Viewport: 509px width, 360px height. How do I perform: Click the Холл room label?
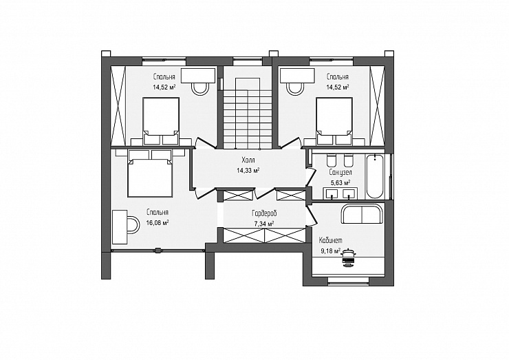pos(248,160)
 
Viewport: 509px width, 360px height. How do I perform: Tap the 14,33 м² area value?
pos(248,170)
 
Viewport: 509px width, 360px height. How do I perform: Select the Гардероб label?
pos(264,214)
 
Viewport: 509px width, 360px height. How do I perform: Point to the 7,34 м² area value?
pos(264,224)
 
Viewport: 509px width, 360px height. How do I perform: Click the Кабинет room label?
pos(330,241)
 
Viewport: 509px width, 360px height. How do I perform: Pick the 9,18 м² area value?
pos(330,251)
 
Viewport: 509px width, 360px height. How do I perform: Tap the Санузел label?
pos(340,172)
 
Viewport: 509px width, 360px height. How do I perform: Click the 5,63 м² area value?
pos(340,182)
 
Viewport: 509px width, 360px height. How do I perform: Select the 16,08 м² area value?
pos(158,222)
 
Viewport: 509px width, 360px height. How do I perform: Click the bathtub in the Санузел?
pos(375,176)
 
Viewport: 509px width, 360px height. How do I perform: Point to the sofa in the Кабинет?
pos(362,214)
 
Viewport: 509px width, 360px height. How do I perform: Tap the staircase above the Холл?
pos(248,114)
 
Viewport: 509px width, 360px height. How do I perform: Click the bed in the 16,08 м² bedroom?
pos(150,173)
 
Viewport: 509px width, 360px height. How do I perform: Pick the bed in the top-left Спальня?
pos(161,121)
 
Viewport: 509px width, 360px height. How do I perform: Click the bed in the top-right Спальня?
pos(334,121)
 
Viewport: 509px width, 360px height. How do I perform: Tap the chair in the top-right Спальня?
pos(295,87)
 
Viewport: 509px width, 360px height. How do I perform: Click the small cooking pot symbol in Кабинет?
pos(348,257)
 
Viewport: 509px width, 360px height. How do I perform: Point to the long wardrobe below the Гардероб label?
pos(265,235)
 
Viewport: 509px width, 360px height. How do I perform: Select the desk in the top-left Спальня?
pos(198,76)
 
